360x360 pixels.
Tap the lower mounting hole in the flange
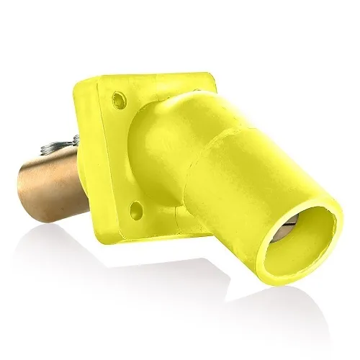pos(133,210)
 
